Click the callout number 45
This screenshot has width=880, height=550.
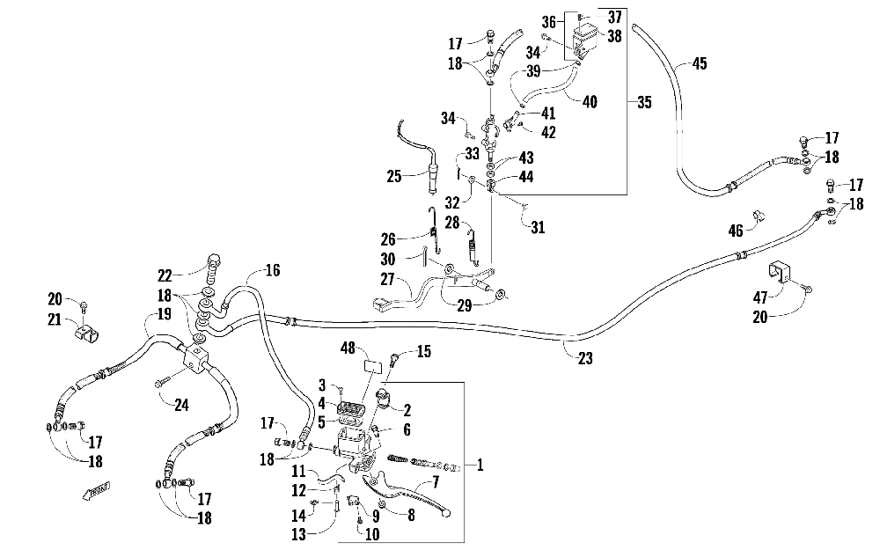700,63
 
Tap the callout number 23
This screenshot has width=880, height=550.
585,358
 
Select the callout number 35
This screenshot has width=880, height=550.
644,102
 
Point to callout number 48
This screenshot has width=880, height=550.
348,348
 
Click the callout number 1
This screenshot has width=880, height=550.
480,466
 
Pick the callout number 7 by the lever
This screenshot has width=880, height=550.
435,481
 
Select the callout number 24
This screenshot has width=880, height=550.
181,405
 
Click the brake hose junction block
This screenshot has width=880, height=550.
194,358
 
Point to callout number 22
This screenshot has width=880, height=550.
165,275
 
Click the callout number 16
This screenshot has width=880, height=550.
272,270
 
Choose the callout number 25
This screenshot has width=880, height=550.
394,176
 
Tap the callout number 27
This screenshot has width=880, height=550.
388,279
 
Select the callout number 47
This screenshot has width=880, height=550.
760,296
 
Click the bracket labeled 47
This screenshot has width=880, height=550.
779,271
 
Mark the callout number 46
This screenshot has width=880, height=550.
735,230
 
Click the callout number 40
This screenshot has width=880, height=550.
590,102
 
